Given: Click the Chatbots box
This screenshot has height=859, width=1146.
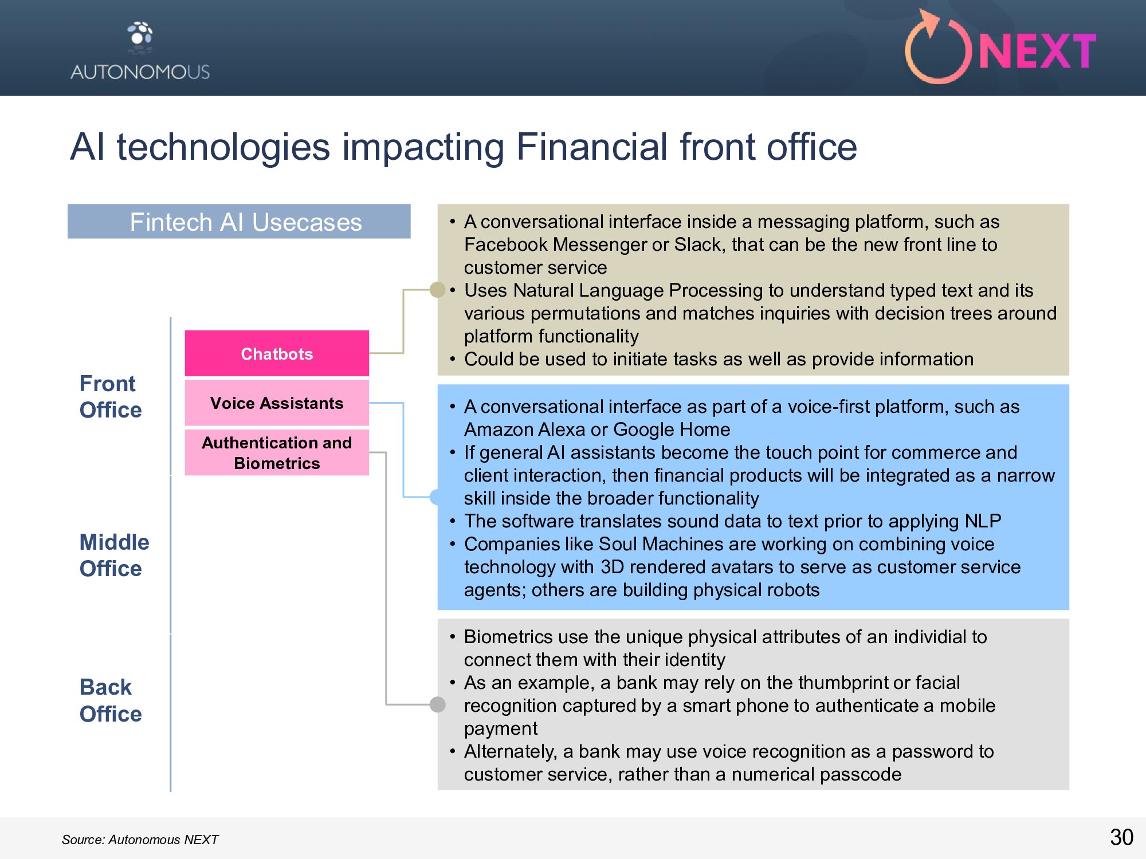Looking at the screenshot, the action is point(277,353).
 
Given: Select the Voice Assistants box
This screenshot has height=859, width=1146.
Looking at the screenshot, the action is point(277,403).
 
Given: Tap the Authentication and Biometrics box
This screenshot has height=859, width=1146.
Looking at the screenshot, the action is point(277,452).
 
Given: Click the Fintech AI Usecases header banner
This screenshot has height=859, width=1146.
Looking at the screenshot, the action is point(239,222).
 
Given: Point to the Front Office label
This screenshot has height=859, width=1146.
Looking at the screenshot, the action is point(111,396).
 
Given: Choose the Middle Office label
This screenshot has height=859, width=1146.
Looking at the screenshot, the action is point(114,555).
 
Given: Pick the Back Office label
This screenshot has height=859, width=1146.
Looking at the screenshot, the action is point(111,700).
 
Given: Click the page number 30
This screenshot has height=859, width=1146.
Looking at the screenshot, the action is point(1121,837).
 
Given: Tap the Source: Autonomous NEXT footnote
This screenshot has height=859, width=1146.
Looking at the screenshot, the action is point(140,840).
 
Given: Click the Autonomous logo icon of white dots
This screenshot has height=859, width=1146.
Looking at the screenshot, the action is point(140,34).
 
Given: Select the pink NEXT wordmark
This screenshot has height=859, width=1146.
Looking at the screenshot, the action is point(1037,52).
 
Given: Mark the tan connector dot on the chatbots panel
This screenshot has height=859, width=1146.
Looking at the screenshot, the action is point(438,290).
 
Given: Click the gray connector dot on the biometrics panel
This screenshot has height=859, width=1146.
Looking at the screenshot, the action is point(438,704).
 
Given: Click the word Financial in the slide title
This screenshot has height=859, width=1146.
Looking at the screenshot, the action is point(592,147).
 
